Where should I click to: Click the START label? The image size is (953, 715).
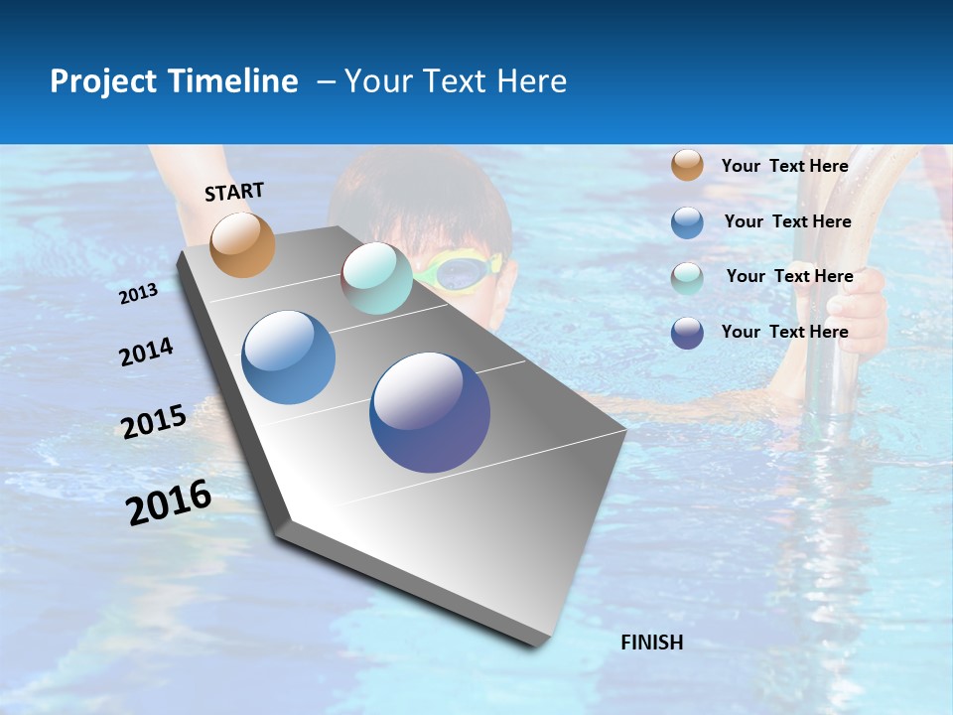234,192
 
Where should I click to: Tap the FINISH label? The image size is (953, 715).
651,643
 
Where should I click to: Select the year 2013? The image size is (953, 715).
138,294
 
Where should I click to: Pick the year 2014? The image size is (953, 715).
146,352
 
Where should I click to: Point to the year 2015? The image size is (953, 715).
154,422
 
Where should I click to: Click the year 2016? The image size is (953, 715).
169,502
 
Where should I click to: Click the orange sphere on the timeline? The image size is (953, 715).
242,244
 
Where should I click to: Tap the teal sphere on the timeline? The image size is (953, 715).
376,278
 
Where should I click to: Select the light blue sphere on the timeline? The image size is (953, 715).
289,357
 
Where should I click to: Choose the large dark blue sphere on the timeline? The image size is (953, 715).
430,412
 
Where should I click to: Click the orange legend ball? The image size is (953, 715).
687,165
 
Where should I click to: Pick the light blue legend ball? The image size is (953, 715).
687,222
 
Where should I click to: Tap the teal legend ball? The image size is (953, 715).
687,278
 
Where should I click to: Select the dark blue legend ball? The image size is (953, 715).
687,333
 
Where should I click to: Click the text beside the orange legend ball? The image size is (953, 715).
784,166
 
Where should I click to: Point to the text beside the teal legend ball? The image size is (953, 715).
789,276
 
